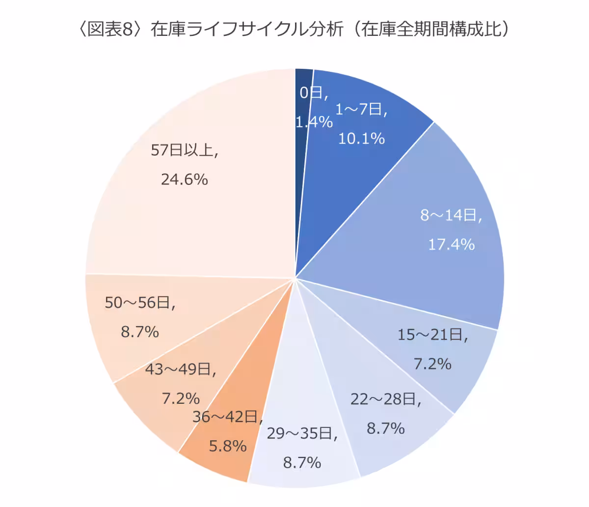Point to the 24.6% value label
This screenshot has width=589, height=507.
pos(185,179)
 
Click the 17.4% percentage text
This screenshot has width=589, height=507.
pos(451,244)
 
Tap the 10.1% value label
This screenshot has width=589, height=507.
pos(361,139)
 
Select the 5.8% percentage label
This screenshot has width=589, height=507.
pos(228,446)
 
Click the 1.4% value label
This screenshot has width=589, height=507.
pos(314,122)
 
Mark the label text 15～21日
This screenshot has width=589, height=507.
pos(432,335)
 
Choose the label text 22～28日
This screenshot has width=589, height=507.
pos(385,399)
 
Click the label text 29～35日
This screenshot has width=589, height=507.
pos(302,433)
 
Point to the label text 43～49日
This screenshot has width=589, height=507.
pos(180,369)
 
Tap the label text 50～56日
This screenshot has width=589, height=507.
pos(140,303)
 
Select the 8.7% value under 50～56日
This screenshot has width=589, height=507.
pos(140,332)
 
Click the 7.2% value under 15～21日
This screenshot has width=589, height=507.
pos(432,364)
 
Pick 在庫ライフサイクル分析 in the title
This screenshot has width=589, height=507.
pos(247,29)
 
